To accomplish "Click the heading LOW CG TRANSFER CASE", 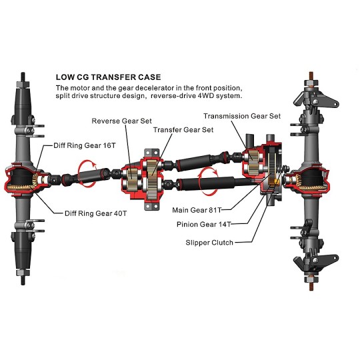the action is point(109,77).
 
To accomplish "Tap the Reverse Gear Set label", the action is point(122,121).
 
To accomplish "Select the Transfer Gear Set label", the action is point(183,130).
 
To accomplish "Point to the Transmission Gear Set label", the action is point(242,116).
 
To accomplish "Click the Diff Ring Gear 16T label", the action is point(85,145).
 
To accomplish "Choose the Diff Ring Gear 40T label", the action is point(95,213).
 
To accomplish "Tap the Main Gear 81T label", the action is point(197,210).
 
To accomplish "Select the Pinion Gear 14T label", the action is point(203,224).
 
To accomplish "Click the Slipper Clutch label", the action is point(209,243).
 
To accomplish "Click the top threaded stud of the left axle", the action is point(23,77).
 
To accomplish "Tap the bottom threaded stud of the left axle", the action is point(23,280).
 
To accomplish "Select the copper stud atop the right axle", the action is point(311,76).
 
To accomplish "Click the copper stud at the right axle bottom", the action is point(311,286).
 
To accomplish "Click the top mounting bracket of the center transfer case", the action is point(151,153).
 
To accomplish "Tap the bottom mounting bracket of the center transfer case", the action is point(152,206).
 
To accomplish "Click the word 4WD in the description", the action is point(206,96).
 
